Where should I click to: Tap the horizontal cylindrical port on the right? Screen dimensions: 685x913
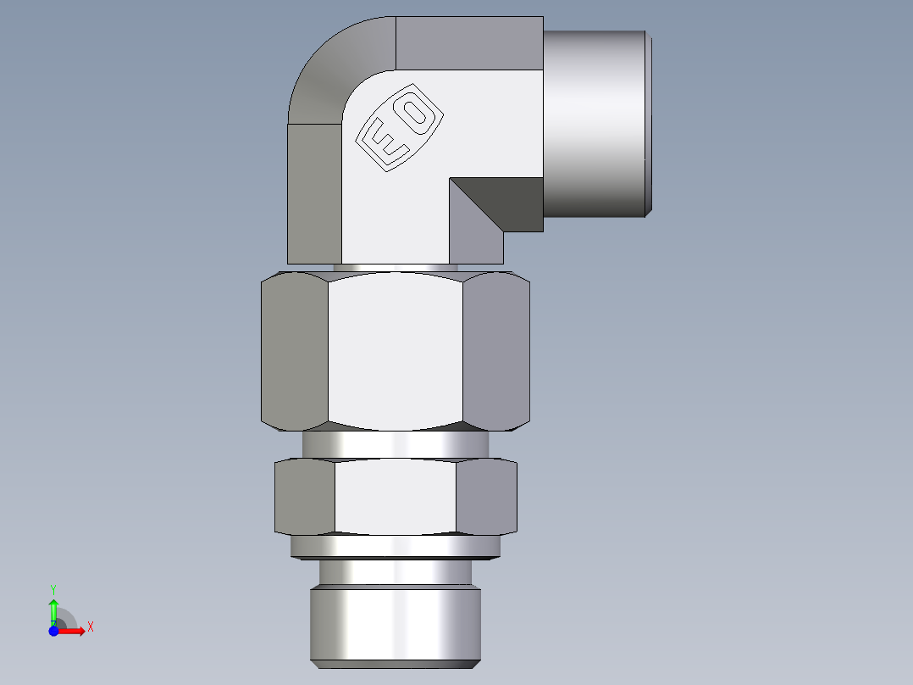(595, 123)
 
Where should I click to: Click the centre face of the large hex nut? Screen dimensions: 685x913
(395, 349)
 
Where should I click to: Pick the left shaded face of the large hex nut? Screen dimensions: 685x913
(294, 349)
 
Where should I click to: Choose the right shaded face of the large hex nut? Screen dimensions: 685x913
(497, 349)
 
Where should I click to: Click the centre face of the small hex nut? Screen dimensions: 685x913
(395, 497)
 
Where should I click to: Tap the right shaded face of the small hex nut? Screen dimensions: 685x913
(486, 497)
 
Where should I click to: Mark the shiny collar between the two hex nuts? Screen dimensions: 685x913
(395, 443)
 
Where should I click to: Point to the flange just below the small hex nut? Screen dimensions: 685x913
(395, 548)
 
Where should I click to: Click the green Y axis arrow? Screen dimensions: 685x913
(53, 607)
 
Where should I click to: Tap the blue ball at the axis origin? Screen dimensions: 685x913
(53, 631)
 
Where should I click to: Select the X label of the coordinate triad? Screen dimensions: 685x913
(90, 627)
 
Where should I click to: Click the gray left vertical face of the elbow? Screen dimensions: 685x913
(314, 193)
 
